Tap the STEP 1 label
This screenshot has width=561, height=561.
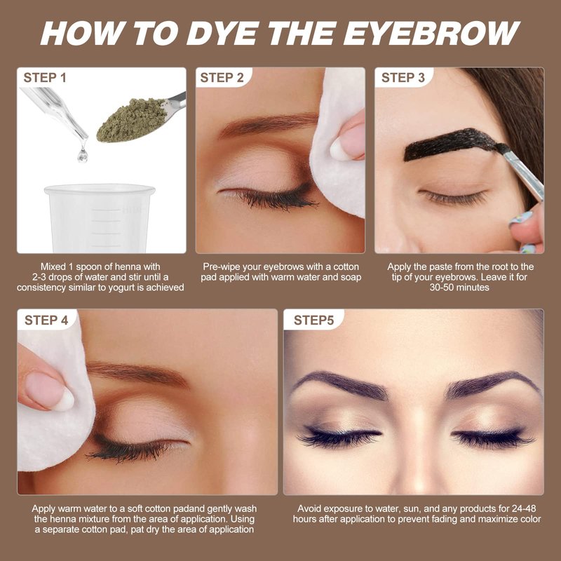45,78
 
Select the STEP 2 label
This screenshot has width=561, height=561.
222,78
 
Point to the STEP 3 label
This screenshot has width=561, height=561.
403,78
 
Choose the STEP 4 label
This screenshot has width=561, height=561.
46,320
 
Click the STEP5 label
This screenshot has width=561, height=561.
313,320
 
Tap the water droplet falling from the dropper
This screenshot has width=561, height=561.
83,155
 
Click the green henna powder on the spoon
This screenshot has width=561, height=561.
132,120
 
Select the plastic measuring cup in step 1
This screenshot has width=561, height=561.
100,218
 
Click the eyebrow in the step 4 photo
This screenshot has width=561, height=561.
137,373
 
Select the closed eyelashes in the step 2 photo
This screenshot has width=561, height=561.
272,199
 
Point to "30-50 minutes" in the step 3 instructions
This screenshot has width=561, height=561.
459,288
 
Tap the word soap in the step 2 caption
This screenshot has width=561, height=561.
350,277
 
